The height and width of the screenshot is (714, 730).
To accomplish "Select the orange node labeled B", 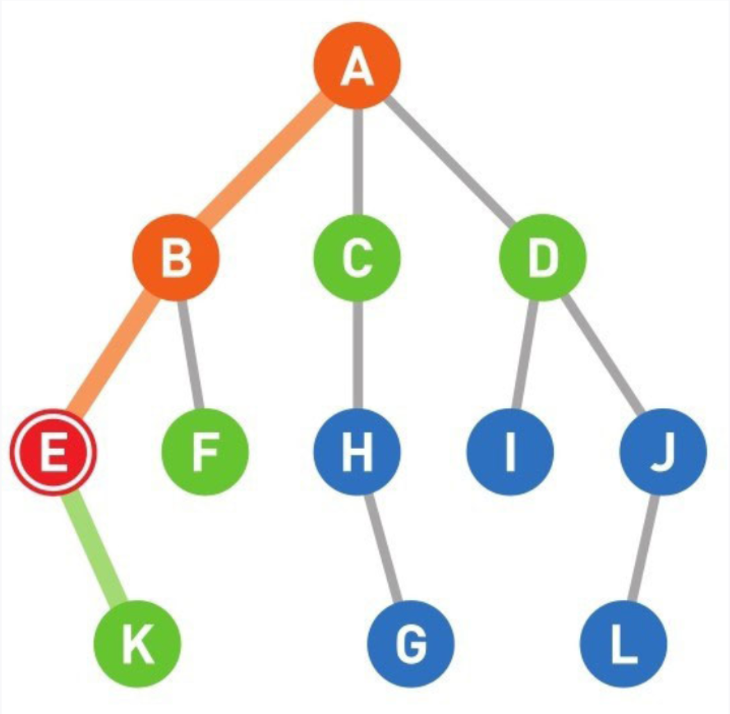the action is [176, 257].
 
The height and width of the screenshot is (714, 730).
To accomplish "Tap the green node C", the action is [357, 257].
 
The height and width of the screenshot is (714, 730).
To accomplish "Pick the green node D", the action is [543, 257].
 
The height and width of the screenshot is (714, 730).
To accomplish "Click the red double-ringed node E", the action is [53, 452].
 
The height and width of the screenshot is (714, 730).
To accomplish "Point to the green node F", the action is [205, 452].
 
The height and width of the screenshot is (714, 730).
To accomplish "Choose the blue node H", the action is [357, 452].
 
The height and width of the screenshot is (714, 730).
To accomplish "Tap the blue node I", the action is [510, 452].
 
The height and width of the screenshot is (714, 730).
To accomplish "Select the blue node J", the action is [663, 452].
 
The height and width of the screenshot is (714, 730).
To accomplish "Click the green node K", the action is [137, 643].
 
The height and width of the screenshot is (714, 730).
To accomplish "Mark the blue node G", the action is [411, 643].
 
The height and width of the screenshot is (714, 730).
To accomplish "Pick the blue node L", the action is [623, 643].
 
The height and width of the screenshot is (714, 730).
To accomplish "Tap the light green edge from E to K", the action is [95, 548].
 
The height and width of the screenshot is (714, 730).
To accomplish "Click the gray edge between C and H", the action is [357, 354].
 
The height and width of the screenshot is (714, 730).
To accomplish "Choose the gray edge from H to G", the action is [384, 548].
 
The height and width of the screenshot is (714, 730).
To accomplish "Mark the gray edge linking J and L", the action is [643, 548].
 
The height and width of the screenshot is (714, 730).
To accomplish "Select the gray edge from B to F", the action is [191, 354].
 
